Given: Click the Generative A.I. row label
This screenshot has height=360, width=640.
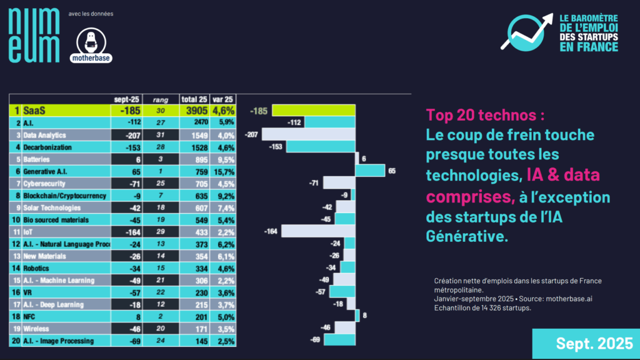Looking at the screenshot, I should [x=47, y=171].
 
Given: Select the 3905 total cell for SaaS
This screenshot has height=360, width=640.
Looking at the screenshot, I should [x=192, y=111].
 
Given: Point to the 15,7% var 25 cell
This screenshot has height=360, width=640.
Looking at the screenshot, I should [x=223, y=171].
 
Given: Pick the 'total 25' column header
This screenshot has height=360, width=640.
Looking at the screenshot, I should [x=193, y=99].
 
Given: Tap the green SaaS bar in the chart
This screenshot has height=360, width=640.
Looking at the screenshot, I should [x=313, y=111].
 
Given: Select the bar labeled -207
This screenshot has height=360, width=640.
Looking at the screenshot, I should [x=308, y=134].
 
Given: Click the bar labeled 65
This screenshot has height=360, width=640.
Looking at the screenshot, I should [x=369, y=171].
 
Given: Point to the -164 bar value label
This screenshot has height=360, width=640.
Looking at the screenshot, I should [x=271, y=231].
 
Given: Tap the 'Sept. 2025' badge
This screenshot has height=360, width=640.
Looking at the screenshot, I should [x=586, y=344].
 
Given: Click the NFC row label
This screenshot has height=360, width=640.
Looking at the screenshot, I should [x=31, y=316].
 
